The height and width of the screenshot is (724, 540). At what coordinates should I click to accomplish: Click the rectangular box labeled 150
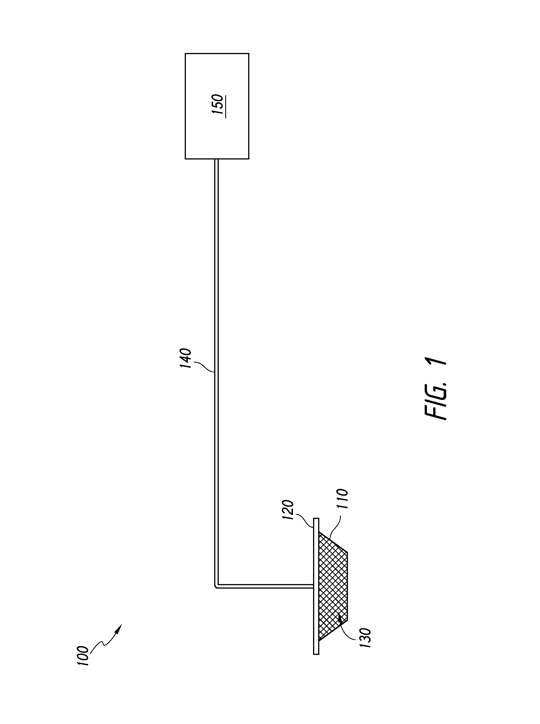tap(217, 106)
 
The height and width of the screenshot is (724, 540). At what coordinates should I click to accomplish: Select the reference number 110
tap(342, 499)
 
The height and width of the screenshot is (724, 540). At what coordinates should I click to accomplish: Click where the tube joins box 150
tap(216, 159)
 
